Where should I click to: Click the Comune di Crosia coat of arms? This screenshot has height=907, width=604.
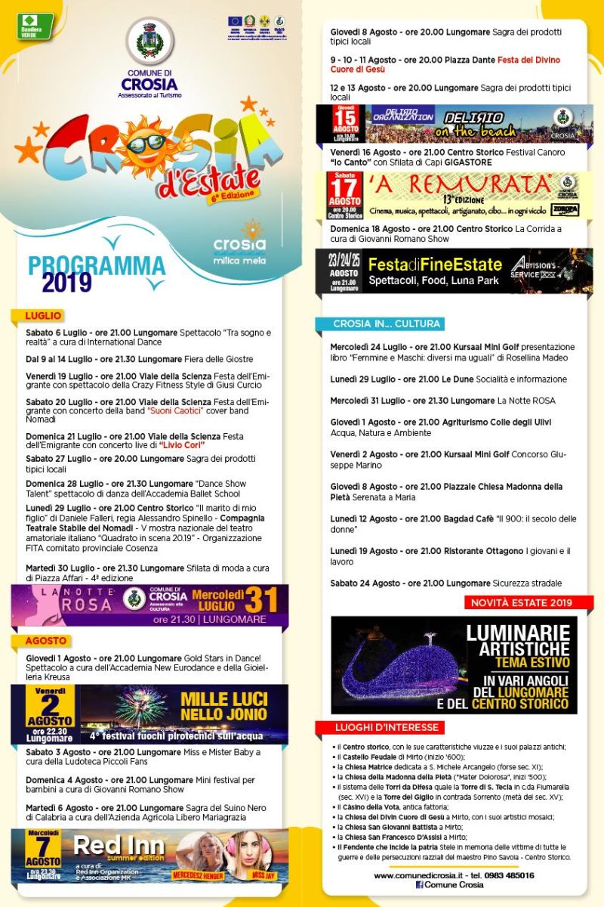tap(149, 42)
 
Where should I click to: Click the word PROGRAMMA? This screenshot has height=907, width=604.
tap(97, 265)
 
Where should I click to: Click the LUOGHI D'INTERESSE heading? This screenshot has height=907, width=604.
tap(387, 727)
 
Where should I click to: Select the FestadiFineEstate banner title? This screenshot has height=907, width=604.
tap(435, 265)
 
